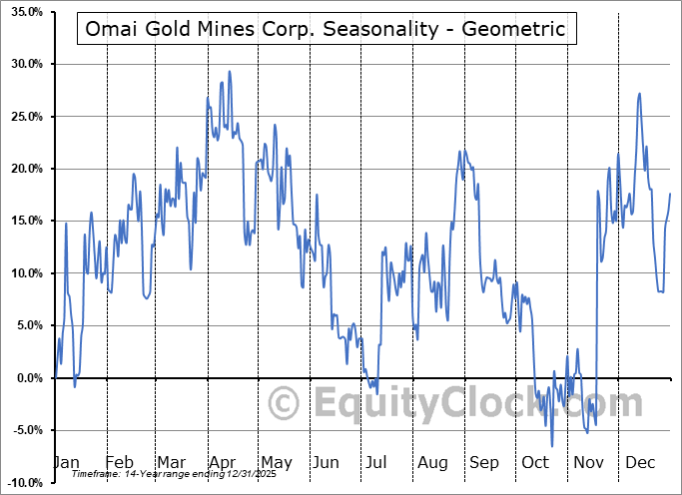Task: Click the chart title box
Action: pyautogui.click(x=326, y=30)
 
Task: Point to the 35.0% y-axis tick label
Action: pyautogui.click(x=24, y=12)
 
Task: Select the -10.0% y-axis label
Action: pyautogui.click(x=22, y=483)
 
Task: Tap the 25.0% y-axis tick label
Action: pyautogui.click(x=24, y=117)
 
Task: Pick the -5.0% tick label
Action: pyautogui.click(x=25, y=430)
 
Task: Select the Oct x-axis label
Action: pyautogui.click(x=536, y=462)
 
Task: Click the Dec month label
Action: pyautogui.click(x=640, y=462)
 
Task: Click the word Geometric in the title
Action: pyautogui.click(x=518, y=30)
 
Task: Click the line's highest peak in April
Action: pyautogui.click(x=230, y=71)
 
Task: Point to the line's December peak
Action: pyautogui.click(x=639, y=94)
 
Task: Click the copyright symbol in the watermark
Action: pyautogui.click(x=286, y=403)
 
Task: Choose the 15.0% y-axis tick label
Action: pyautogui.click(x=24, y=222)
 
